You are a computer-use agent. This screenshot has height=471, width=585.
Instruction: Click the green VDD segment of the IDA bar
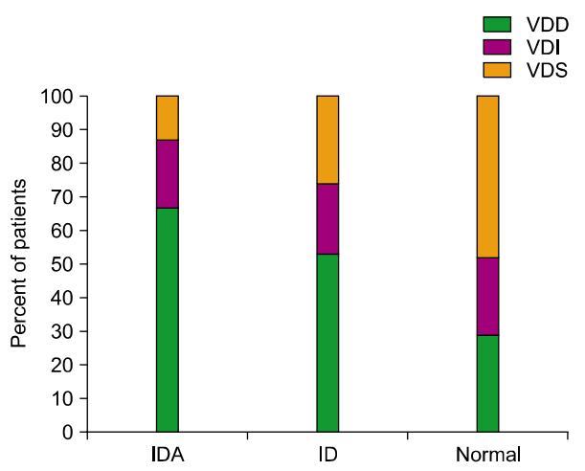click(167, 320)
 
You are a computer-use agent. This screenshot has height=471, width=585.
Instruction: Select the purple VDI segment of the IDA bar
click(167, 173)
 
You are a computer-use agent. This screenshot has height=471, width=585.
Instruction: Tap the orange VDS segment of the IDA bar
click(167, 118)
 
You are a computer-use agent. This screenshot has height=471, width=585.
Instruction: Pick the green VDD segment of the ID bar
click(327, 343)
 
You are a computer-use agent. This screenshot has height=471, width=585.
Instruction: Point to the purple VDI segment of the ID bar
click(327, 218)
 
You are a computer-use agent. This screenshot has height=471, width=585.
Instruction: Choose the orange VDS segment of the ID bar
click(327, 140)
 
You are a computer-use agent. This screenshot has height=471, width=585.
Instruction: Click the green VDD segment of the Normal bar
click(487, 383)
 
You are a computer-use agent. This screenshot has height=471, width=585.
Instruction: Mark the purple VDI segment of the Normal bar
click(487, 296)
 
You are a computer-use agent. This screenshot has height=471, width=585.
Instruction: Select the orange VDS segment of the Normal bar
click(487, 176)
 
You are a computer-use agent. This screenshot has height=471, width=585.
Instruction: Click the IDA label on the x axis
click(167, 454)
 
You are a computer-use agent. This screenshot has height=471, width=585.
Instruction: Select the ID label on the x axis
click(327, 454)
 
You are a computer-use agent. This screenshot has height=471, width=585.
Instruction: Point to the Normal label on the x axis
click(488, 454)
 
